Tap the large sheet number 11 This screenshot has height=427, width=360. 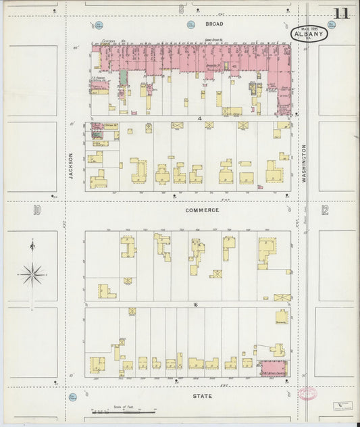[x=341, y=13]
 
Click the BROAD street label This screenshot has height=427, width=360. [x=195, y=23]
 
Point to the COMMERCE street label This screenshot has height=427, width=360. [x=202, y=210]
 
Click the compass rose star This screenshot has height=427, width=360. [x=32, y=274]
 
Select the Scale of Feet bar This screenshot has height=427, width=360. [x=122, y=410]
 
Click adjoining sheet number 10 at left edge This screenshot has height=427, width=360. [x=36, y=211]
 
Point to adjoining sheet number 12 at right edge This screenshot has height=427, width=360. [x=325, y=210]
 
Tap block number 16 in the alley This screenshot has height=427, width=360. [x=195, y=305]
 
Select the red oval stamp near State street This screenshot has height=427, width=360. [x=307, y=393]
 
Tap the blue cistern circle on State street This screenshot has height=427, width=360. [x=72, y=397]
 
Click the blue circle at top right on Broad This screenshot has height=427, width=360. [x=331, y=24]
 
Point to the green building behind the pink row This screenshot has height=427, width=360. [x=124, y=77]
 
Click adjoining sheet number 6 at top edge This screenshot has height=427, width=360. [x=181, y=9]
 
